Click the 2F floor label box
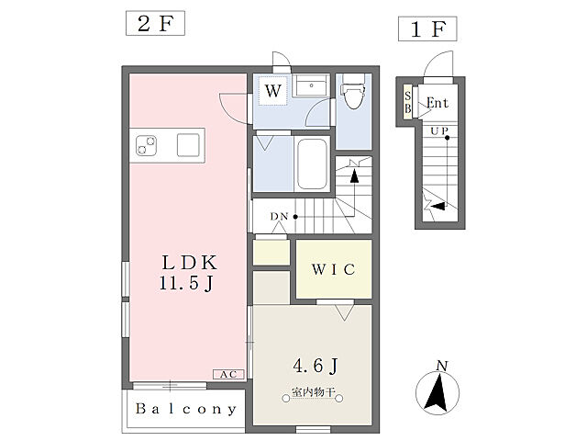click(155, 23)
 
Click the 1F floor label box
click(427, 28)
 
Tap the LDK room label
click(189, 263)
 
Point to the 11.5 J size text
click(186, 283)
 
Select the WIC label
click(334, 269)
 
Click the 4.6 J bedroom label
click(316, 366)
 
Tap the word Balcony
click(186, 409)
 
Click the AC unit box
click(228, 374)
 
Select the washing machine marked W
click(273, 90)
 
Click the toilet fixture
click(353, 91)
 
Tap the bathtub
click(312, 164)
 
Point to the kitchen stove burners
click(146, 145)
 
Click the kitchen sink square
click(188, 145)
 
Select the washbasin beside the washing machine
click(311, 85)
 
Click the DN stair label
click(279, 217)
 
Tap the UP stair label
click(439, 131)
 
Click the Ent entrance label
click(437, 103)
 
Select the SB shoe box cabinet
click(407, 102)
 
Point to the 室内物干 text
click(313, 392)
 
